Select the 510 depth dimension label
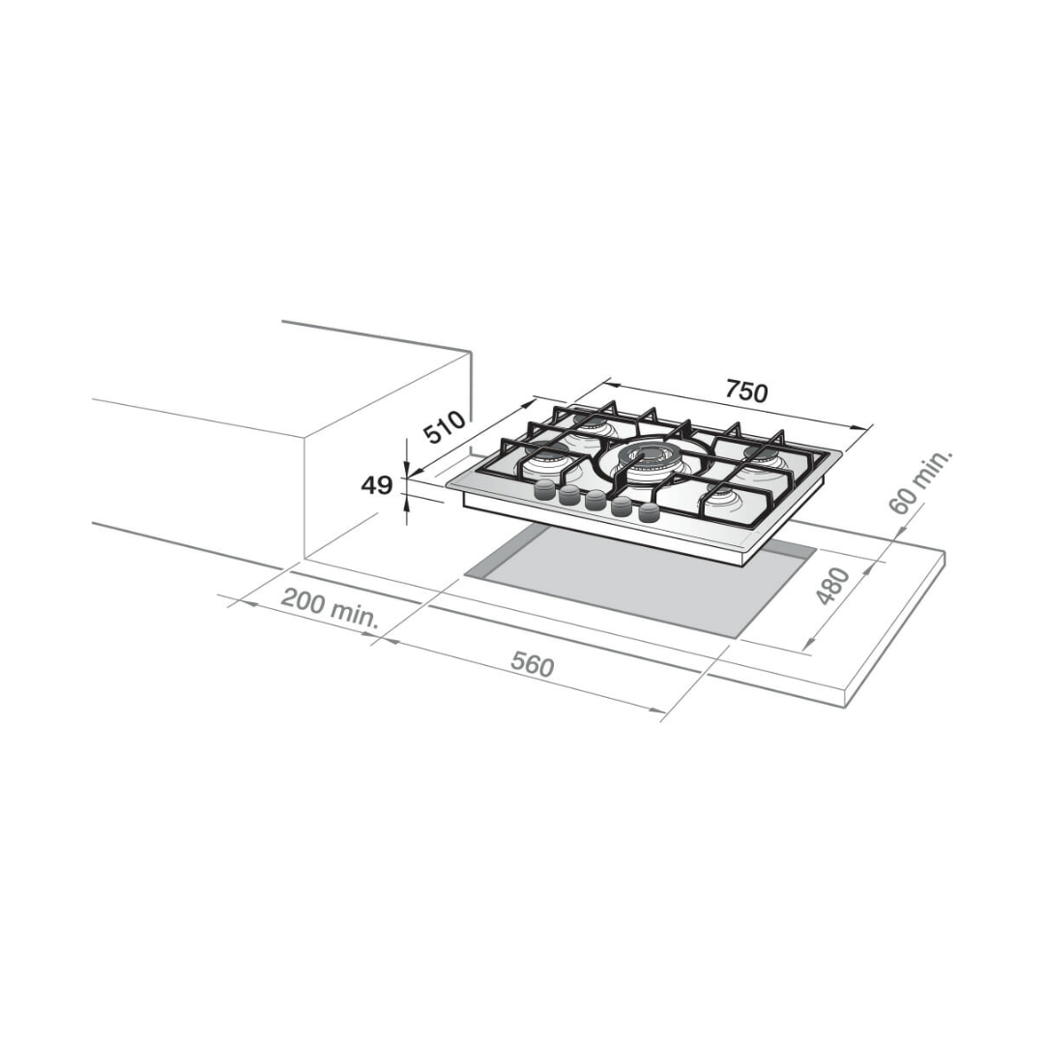coord(447,427)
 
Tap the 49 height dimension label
coord(377,485)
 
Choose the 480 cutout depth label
coord(832,586)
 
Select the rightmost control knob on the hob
coord(648,513)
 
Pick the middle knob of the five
coord(596,501)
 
